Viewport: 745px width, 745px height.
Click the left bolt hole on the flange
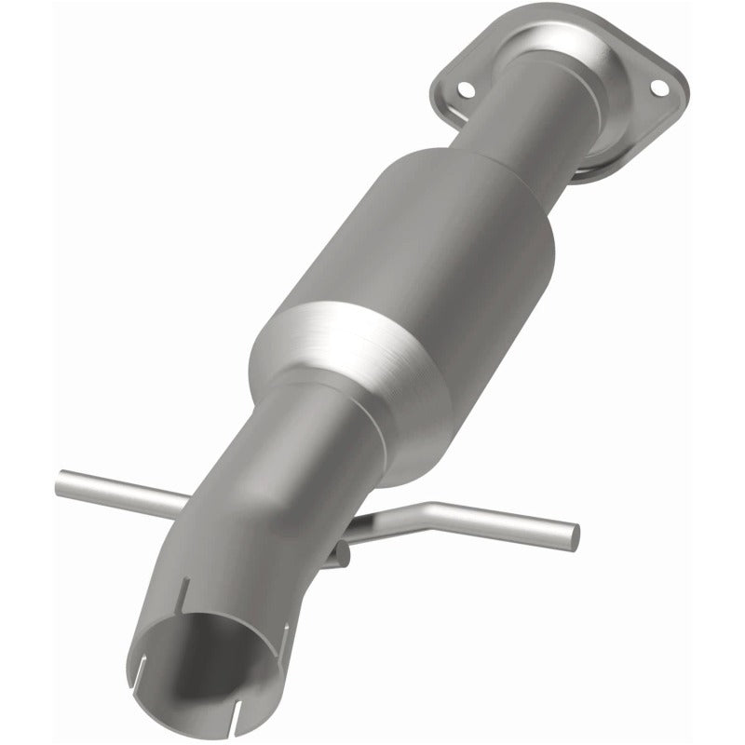(x=465, y=89)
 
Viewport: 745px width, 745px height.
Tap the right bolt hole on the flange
(x=658, y=87)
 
